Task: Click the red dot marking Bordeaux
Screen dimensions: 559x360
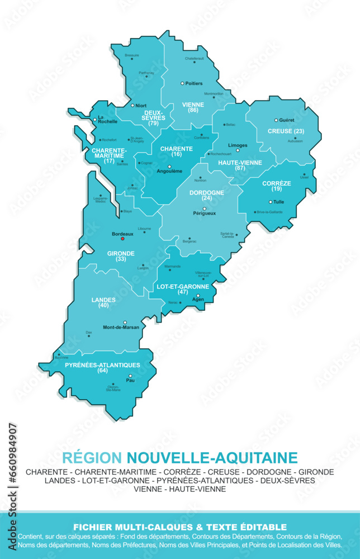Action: coord(123,239)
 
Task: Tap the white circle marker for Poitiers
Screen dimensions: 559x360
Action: coord(182,83)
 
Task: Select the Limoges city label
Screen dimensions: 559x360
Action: coord(238,145)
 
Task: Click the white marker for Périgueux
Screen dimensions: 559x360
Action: coord(204,209)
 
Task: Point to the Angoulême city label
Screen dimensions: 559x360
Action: coord(169,171)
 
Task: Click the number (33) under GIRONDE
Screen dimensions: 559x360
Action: coord(121,259)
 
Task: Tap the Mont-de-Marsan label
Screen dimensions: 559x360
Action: coord(121,328)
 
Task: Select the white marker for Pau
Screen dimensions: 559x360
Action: coord(130,376)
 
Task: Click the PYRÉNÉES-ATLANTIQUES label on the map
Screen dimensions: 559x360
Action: coord(102,365)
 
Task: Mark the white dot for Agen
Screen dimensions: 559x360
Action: coord(197,295)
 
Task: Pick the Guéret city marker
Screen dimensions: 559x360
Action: coord(276,120)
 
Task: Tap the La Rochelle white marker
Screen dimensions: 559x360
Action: coord(94,119)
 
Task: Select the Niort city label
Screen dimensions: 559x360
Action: coord(141,106)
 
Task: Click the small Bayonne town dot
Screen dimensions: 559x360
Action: coord(59,353)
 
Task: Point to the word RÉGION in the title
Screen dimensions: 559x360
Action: coord(92,458)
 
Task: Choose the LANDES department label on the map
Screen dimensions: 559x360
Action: coord(103,300)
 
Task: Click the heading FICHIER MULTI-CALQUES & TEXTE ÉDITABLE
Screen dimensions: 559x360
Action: coord(180,527)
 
